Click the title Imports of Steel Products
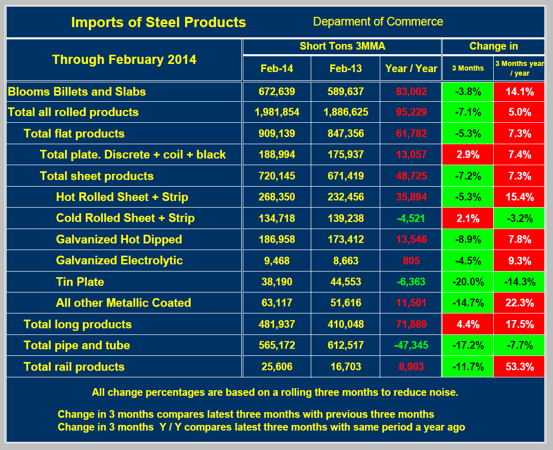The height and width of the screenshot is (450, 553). [x=158, y=22]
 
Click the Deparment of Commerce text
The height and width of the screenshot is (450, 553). [x=378, y=21]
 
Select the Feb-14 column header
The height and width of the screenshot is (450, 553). [x=276, y=69]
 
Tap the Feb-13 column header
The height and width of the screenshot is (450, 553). [x=345, y=69]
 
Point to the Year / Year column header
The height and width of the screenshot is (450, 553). [x=411, y=69]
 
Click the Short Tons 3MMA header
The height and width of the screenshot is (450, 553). [x=342, y=47]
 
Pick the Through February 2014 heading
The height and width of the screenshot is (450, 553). [x=124, y=59]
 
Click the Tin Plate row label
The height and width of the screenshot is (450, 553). [x=80, y=282]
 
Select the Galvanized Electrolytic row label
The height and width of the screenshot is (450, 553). [x=119, y=260]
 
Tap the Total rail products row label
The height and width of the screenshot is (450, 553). [x=74, y=367]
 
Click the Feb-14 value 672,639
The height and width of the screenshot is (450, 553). [x=276, y=92]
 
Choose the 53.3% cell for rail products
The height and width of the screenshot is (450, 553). [x=519, y=367]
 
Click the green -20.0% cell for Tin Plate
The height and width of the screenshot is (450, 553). [x=467, y=282]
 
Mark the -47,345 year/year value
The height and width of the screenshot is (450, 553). [x=411, y=345]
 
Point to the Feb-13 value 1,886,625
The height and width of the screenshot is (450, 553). [x=345, y=112]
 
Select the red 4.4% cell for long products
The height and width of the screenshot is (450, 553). [x=467, y=324]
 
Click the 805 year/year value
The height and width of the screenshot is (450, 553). [x=411, y=261]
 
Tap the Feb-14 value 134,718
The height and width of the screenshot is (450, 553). [x=276, y=218]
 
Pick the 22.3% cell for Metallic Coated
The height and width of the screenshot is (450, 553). [x=519, y=303]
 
